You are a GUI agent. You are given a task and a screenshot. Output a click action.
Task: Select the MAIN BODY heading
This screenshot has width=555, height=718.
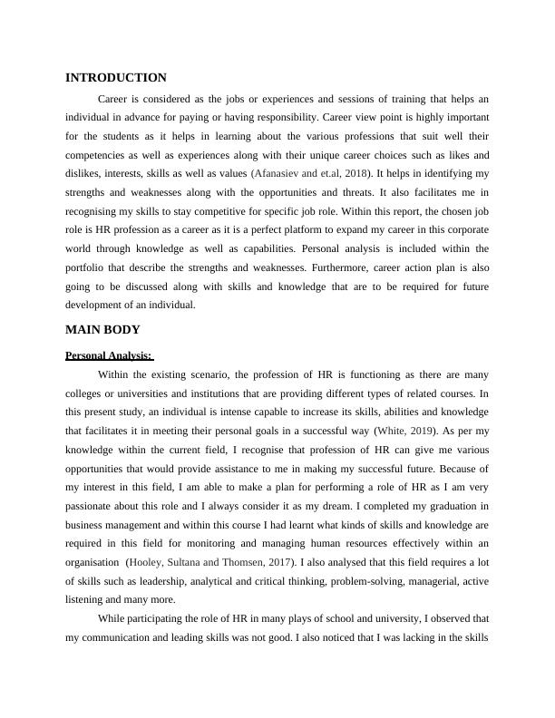coord(103,330)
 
